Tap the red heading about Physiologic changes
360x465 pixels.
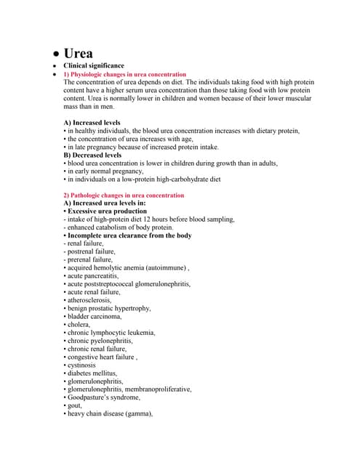pos(124,75)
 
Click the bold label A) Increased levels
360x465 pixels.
pos(92,123)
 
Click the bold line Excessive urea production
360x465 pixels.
pos(105,211)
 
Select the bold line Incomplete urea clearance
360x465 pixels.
pos(128,235)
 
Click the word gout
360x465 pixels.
pos(76,405)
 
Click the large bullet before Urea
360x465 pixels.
pos(54,55)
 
